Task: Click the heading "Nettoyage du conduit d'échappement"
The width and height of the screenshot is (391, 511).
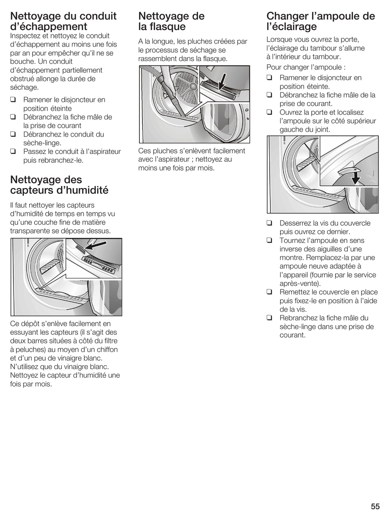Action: point(63,21)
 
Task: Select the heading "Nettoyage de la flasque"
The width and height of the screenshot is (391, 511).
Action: point(171,21)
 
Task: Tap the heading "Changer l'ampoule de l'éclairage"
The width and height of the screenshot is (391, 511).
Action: point(321,21)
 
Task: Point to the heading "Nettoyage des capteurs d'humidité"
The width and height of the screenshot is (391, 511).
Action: point(59,185)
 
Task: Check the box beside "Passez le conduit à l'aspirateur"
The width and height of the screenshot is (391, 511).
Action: point(14,152)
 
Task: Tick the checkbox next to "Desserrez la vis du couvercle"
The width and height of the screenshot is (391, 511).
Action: point(270,223)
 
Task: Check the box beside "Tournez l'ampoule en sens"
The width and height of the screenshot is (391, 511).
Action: point(270,240)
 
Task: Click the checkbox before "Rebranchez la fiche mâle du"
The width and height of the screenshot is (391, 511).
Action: point(270,318)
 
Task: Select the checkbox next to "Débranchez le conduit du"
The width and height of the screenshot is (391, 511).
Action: point(14,134)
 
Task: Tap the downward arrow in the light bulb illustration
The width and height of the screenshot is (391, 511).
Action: point(356,178)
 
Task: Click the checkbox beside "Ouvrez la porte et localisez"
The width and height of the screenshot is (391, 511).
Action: point(270,112)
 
